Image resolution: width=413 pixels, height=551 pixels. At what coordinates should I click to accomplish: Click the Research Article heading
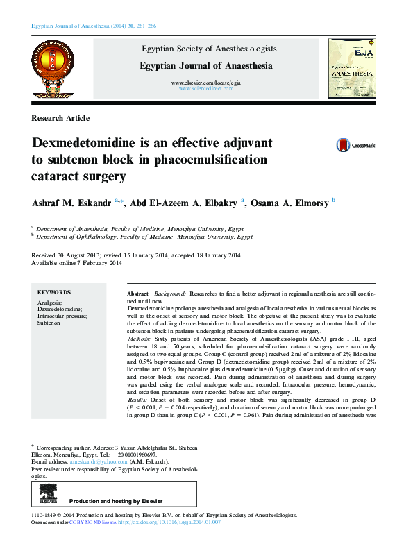[x=60, y=119]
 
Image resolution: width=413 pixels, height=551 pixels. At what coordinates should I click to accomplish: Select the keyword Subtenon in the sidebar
[x=49, y=323]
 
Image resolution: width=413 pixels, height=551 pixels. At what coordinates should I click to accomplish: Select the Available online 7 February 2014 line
[x=77, y=264]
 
